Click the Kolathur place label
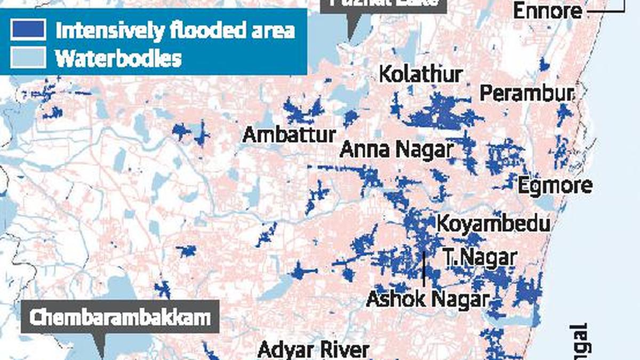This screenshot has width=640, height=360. click(420, 75)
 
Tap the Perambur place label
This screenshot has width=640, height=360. click(527, 94)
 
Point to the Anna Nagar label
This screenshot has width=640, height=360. click(396, 150)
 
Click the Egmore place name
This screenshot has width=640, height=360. click(555, 186)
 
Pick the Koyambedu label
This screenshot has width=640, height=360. click(493, 224)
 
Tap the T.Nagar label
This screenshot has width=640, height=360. click(479, 258)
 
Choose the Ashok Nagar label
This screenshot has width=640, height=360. click(427, 299)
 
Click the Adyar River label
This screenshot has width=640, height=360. click(313, 350)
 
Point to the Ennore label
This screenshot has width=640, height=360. click(547, 11)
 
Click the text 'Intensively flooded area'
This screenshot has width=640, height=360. click(175, 30)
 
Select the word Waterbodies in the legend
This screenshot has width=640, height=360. click(118, 58)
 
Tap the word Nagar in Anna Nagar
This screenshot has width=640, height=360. click(423, 150)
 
